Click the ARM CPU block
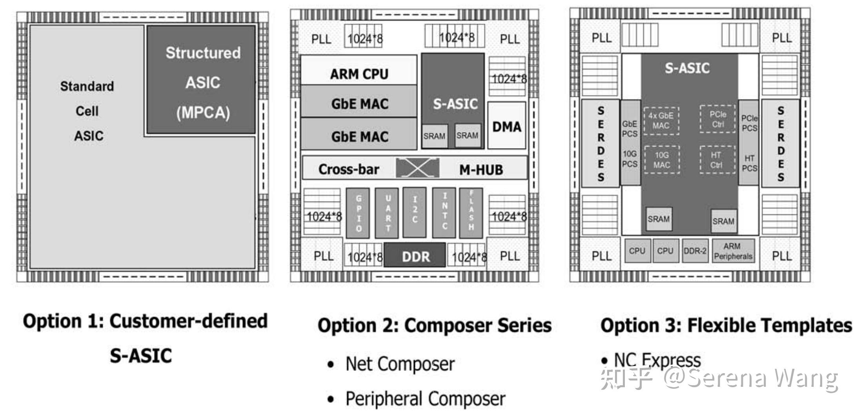[x=359, y=73]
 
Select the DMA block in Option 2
[x=506, y=126]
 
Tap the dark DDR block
[x=415, y=256]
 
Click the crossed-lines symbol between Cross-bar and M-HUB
[x=417, y=168]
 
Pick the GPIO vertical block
[x=358, y=213]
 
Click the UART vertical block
[x=387, y=213]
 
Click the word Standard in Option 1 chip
[x=87, y=86]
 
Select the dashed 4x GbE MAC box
[x=661, y=121]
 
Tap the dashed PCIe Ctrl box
[x=717, y=119]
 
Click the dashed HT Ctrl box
[x=717, y=160]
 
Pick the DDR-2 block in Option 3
[x=695, y=251]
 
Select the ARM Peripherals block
[x=733, y=251]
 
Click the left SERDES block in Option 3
[x=601, y=143]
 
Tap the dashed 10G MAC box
[x=661, y=160]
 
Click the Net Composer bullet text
[x=400, y=364]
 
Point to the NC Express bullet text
[x=657, y=360]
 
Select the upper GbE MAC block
[x=359, y=103]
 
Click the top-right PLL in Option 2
[x=510, y=39]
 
